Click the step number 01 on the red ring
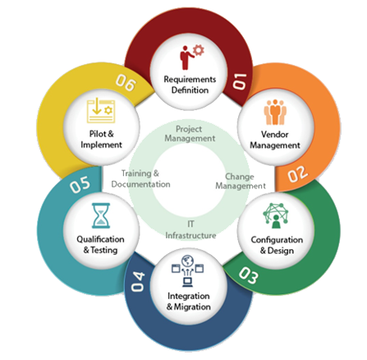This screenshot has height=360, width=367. pyautogui.click(x=240, y=81)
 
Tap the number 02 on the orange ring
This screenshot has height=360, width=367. pyautogui.click(x=298, y=173)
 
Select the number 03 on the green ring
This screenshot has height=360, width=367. pyautogui.click(x=249, y=275)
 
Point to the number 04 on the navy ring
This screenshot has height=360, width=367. pyautogui.click(x=137, y=281)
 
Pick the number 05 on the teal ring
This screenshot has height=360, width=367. pyautogui.click(x=80, y=184)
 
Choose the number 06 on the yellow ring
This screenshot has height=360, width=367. pyautogui.click(x=126, y=82)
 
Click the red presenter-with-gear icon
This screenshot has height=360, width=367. pyautogui.click(x=192, y=58)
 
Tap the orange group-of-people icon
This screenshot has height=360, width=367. pyautogui.click(x=275, y=113)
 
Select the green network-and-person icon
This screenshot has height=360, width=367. pyautogui.click(x=276, y=216)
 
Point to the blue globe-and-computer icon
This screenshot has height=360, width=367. pyautogui.click(x=188, y=271)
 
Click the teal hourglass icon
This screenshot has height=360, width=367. pyautogui.click(x=101, y=215)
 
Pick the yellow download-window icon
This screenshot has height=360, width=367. pyautogui.click(x=101, y=111)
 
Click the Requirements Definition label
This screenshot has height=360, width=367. pyautogui.click(x=190, y=85)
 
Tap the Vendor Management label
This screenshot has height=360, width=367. pyautogui.click(x=275, y=140)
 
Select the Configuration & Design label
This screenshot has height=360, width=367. pyautogui.click(x=277, y=245)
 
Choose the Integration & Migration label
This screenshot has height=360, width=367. pyautogui.click(x=189, y=302)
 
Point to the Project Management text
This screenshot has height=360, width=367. pyautogui.click(x=190, y=134)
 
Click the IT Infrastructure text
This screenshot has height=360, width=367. pyautogui.click(x=190, y=230)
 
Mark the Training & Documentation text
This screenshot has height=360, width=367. pyautogui.click(x=140, y=178)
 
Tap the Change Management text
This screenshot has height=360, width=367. pyautogui.click(x=241, y=181)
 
